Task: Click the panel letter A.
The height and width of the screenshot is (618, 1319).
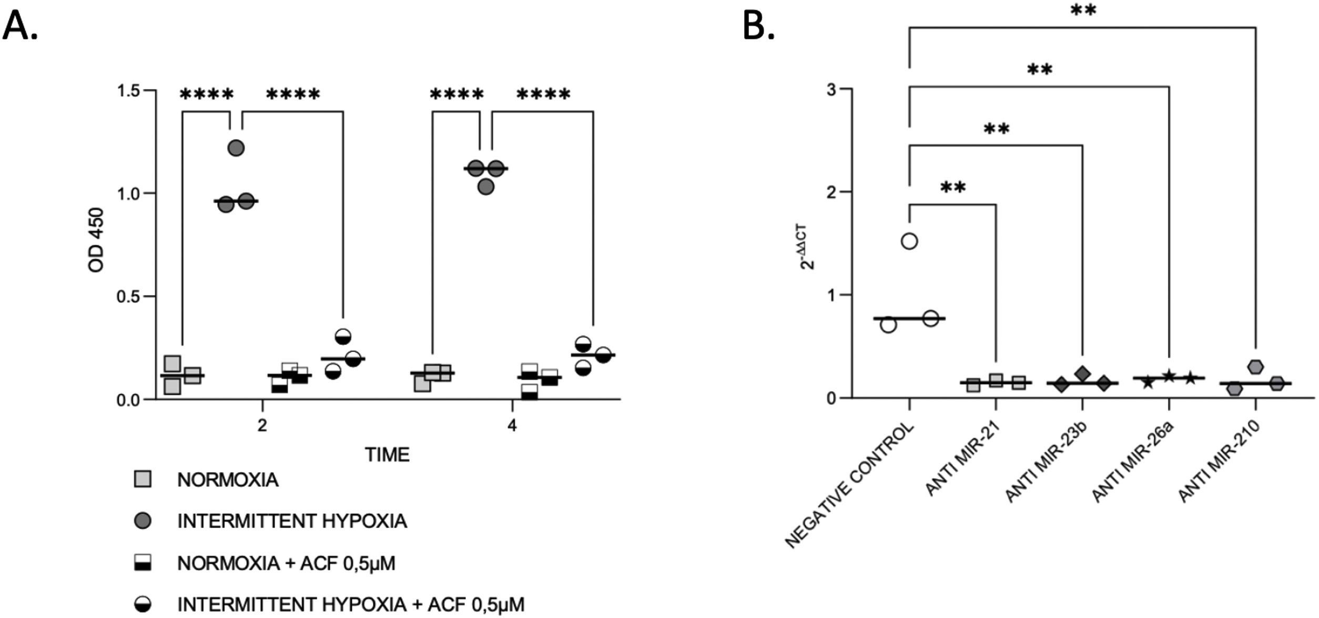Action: pyautogui.click(x=20, y=25)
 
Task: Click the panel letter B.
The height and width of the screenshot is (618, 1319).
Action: pyautogui.click(x=758, y=25)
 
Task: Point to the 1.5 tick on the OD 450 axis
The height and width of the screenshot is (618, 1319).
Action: pyautogui.click(x=130, y=91)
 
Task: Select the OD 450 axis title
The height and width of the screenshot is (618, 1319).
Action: pyautogui.click(x=97, y=240)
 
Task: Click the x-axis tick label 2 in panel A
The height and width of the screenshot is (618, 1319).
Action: pyautogui.click(x=262, y=425)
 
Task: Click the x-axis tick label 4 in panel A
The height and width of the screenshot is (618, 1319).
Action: pyautogui.click(x=512, y=425)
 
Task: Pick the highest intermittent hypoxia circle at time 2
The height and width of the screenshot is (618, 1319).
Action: pyautogui.click(x=236, y=148)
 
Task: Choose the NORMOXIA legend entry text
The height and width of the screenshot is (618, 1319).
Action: pyautogui.click(x=228, y=480)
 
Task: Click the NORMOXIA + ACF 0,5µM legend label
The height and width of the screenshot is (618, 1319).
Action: pyautogui.click(x=286, y=563)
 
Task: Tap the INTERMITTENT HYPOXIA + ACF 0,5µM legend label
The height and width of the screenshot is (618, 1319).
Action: pyautogui.click(x=351, y=604)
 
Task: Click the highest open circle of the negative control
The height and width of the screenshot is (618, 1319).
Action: pyautogui.click(x=909, y=242)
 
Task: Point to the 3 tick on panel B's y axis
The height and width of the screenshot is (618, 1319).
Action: pyautogui.click(x=831, y=89)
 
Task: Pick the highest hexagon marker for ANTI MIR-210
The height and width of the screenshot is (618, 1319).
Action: pyautogui.click(x=1256, y=366)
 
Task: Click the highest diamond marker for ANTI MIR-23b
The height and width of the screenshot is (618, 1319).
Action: pyautogui.click(x=1082, y=374)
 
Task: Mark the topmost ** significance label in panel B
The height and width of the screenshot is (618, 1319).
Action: pyautogui.click(x=1083, y=11)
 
